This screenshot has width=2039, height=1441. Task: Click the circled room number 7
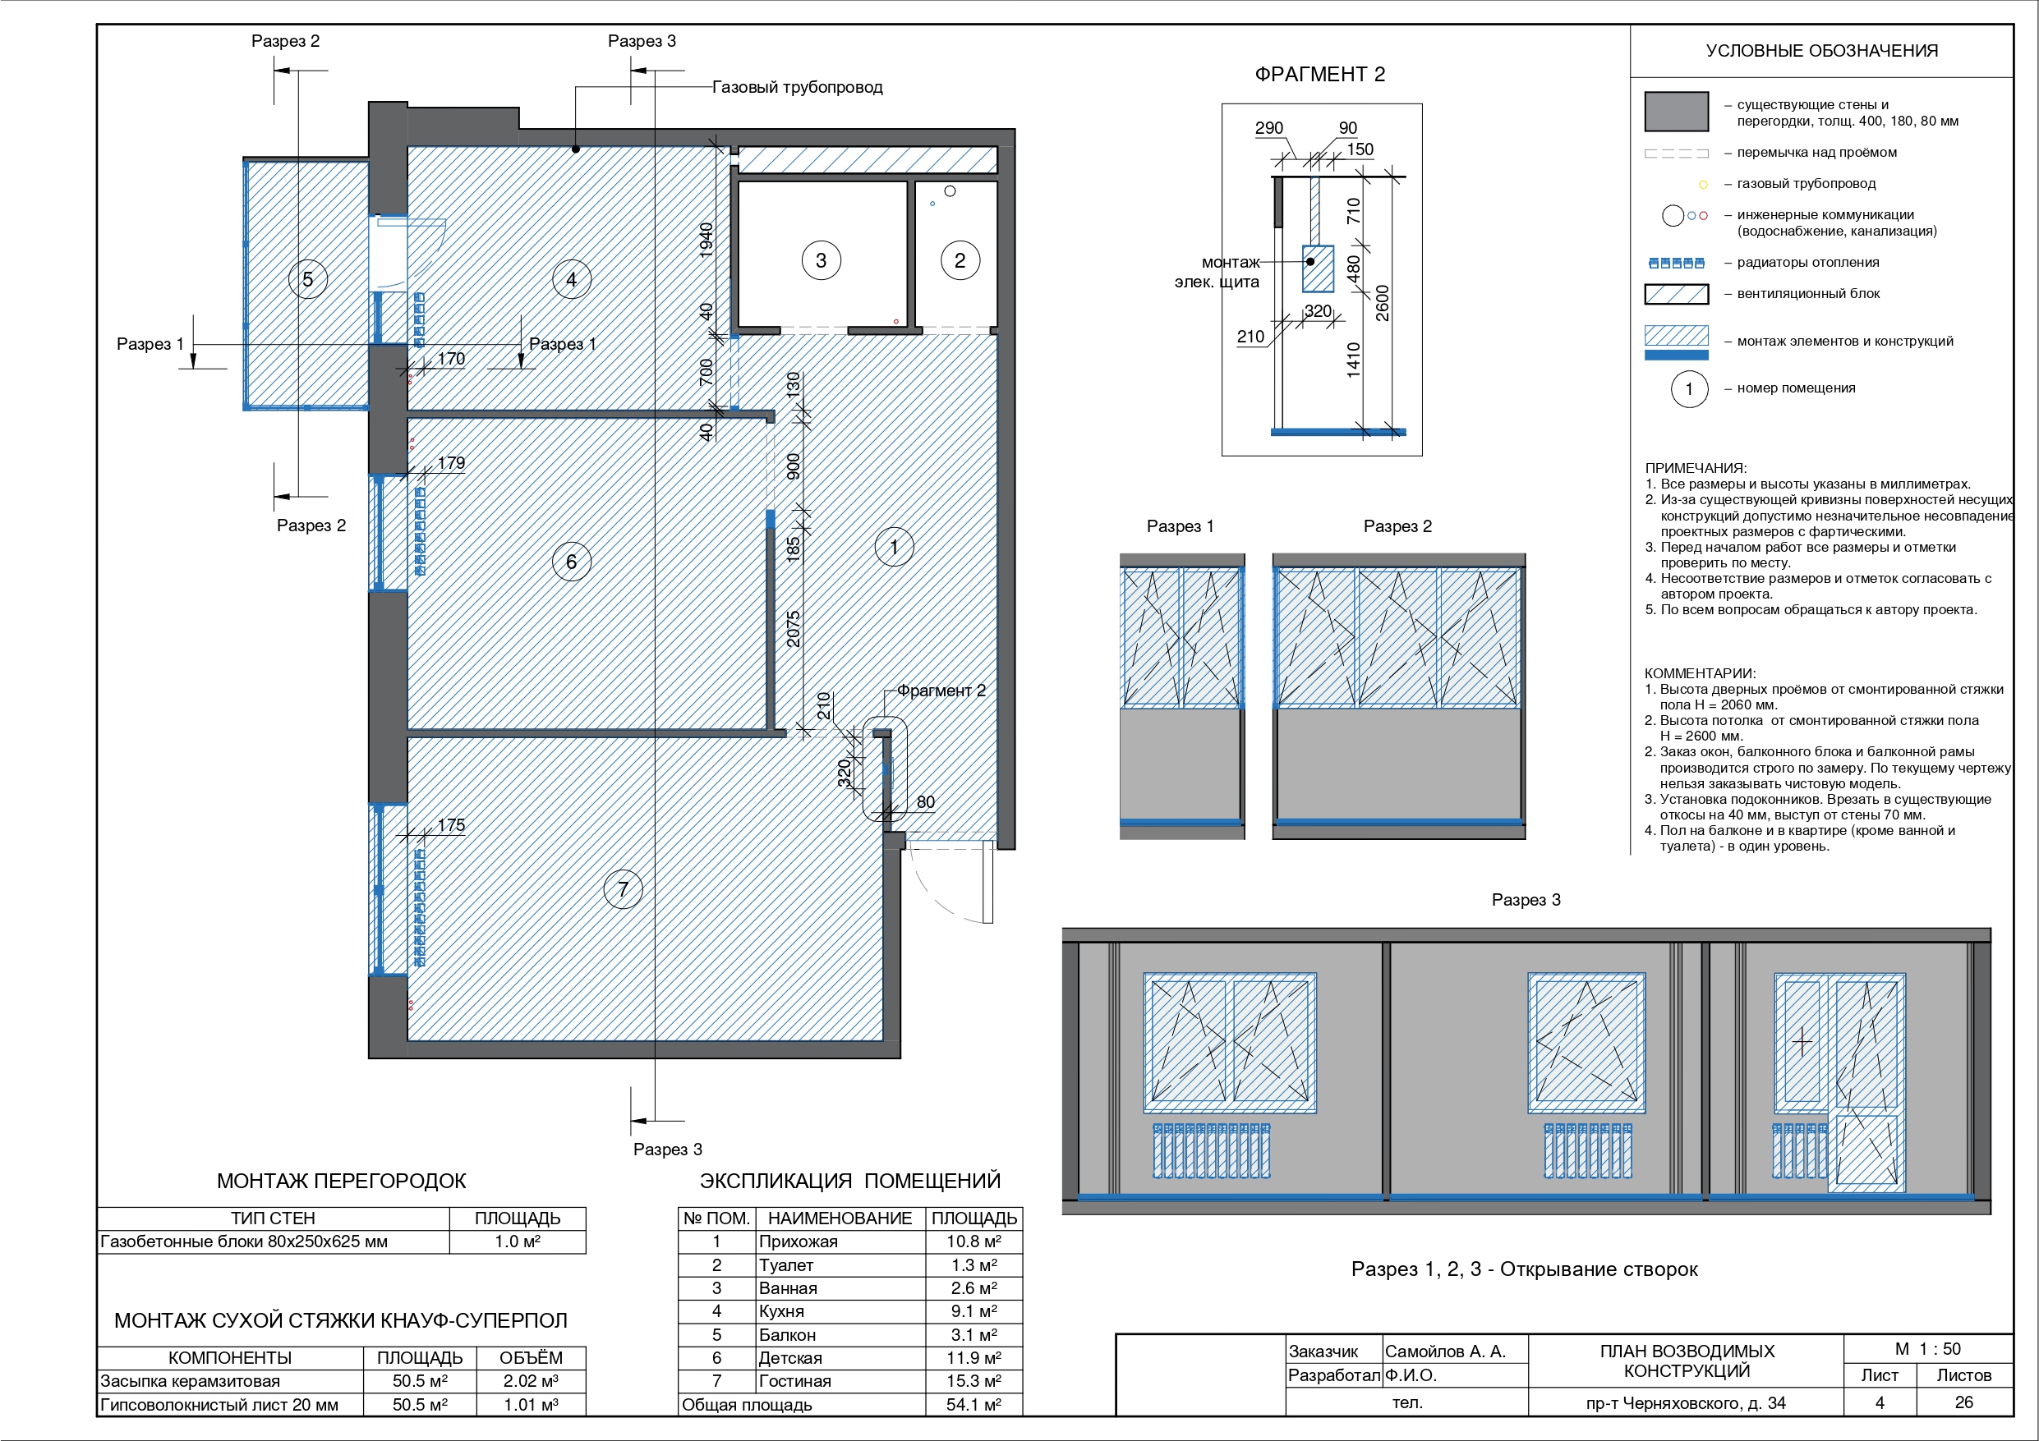click(624, 888)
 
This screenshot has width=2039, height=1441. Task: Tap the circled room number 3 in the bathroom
click(822, 260)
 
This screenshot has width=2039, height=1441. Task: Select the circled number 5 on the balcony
click(308, 279)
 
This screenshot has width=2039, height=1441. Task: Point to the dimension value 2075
click(793, 629)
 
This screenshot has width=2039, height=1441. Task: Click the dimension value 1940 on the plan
click(706, 240)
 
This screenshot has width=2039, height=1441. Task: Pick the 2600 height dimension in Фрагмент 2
click(1382, 303)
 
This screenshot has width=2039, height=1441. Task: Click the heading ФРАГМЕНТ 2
click(1319, 75)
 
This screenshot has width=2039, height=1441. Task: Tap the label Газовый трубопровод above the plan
click(798, 87)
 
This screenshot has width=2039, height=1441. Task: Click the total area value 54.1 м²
click(974, 1405)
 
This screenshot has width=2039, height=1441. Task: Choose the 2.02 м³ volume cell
click(531, 1380)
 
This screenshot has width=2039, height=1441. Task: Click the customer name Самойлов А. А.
click(1446, 1352)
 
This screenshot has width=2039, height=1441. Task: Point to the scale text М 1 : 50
click(1928, 1349)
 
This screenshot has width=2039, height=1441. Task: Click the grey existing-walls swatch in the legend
click(1677, 112)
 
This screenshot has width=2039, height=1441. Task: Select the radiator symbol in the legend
click(1677, 263)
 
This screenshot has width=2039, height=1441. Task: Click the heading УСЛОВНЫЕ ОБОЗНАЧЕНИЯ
click(1821, 51)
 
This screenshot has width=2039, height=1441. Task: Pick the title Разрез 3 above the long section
click(1526, 899)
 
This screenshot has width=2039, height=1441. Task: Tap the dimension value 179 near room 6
click(451, 462)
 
